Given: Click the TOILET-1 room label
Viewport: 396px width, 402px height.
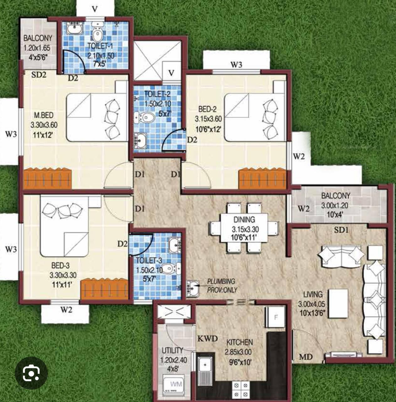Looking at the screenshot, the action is (x=100, y=46).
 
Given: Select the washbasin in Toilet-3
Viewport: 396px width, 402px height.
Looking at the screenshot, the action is (x=175, y=245).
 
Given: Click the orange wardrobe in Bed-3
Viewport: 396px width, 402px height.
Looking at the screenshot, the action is (x=104, y=289).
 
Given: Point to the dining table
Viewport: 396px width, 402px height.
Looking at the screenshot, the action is (x=244, y=228).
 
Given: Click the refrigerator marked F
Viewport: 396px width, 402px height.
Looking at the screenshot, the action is (x=275, y=317).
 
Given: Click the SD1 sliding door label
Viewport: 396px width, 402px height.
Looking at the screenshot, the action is (x=341, y=230).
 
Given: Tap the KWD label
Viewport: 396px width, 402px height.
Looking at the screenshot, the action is (x=208, y=338).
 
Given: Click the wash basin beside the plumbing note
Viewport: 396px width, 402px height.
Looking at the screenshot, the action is (x=193, y=289).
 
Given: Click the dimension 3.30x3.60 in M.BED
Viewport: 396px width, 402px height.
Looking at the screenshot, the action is (x=44, y=125).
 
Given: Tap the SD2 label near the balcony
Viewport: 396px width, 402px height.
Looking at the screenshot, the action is (x=39, y=75).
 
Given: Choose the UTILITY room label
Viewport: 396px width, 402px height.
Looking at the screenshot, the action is (x=173, y=350).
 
